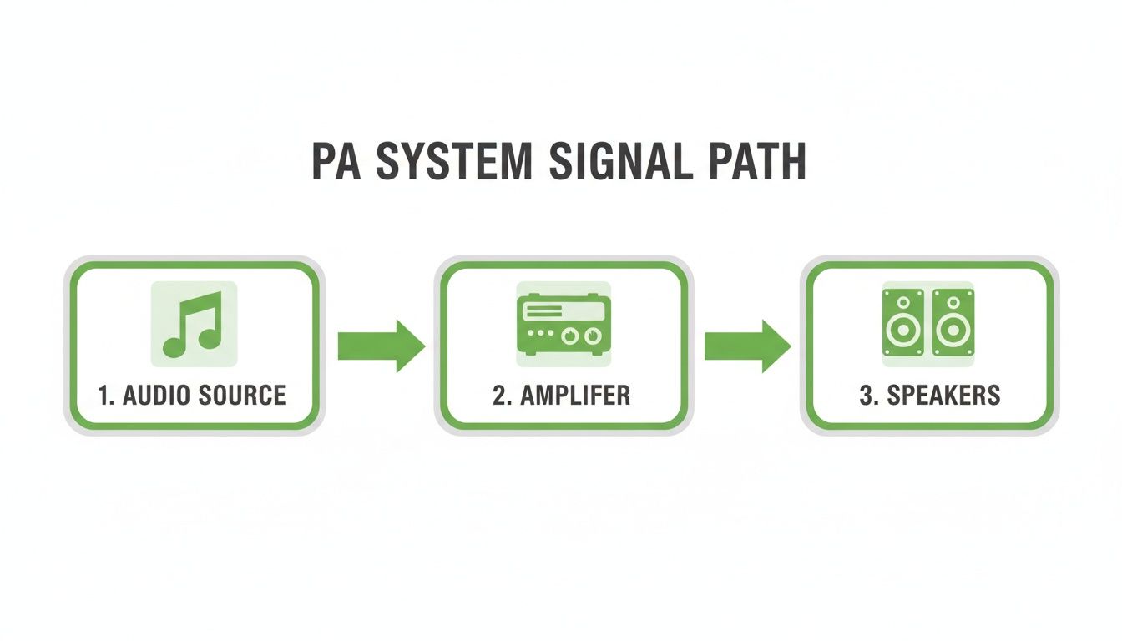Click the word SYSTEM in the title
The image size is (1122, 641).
click(x=452, y=162)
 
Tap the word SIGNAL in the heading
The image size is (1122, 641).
click(x=621, y=162)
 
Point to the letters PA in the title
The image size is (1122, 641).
click(x=336, y=162)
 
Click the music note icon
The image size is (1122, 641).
click(x=193, y=324)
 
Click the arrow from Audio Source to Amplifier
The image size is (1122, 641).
click(x=381, y=345)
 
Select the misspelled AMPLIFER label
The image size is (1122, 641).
click(x=575, y=395)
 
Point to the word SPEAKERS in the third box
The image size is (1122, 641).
click(x=943, y=395)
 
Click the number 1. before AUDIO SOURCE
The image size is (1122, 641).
click(x=106, y=395)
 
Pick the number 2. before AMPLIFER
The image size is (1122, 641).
click(x=502, y=395)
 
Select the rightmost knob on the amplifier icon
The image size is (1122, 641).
click(x=592, y=335)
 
